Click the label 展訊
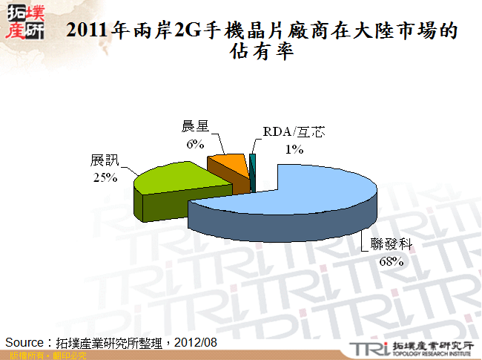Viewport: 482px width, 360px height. pos(105,160)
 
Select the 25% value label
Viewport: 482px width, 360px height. pos(105,177)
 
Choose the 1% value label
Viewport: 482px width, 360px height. pos(294,149)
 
